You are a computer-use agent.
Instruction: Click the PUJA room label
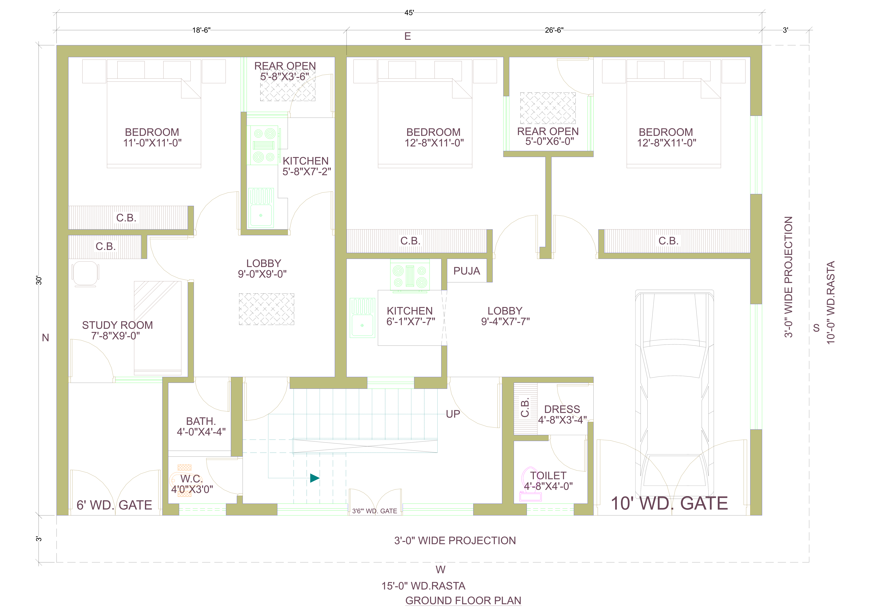(x=466, y=271)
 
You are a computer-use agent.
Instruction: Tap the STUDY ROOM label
(x=117, y=325)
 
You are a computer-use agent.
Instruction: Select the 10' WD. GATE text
(x=669, y=503)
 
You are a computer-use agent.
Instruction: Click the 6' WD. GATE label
(x=114, y=505)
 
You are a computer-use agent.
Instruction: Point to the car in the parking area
(x=674, y=394)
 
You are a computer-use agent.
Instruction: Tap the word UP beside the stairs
(x=453, y=414)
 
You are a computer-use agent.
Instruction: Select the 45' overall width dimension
(x=409, y=13)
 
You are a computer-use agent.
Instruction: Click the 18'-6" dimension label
(x=201, y=30)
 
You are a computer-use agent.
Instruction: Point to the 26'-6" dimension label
(x=554, y=30)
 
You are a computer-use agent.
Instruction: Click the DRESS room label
(x=562, y=409)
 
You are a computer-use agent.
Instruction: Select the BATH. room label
(x=201, y=421)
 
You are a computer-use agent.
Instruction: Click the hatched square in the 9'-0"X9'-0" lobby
(x=266, y=309)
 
